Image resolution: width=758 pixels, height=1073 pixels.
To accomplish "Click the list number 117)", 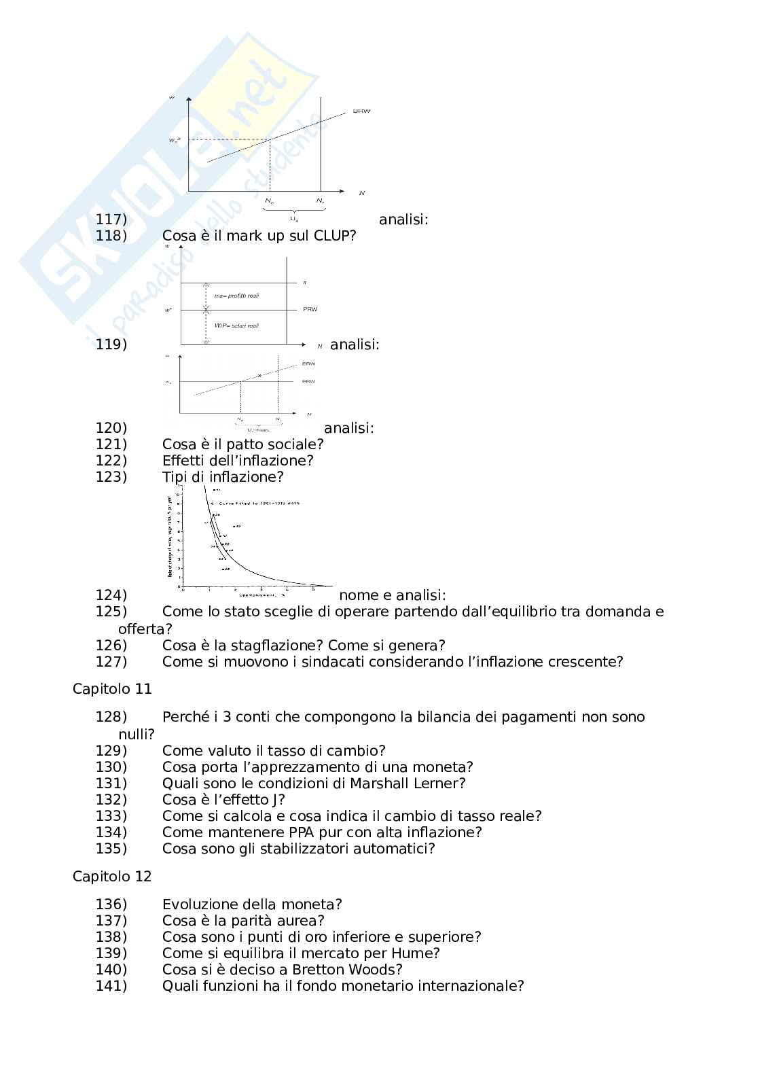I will click(x=111, y=219).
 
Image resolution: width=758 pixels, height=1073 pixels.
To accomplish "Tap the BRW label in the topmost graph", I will click(x=361, y=111).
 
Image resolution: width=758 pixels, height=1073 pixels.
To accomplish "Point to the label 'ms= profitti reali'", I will click(x=236, y=296).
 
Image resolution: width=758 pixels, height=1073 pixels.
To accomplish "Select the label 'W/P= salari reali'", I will click(x=236, y=326).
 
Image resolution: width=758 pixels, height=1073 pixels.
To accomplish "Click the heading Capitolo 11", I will click(x=112, y=689).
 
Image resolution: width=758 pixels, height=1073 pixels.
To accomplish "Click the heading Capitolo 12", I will click(x=112, y=877).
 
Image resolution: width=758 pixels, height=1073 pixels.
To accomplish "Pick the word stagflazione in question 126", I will click(x=270, y=646).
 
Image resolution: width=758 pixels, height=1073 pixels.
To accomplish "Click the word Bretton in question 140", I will click(x=319, y=970).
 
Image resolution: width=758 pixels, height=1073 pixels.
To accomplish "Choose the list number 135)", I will click(x=111, y=849).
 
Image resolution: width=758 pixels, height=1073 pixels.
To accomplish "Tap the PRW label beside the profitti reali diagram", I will click(x=310, y=310).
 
